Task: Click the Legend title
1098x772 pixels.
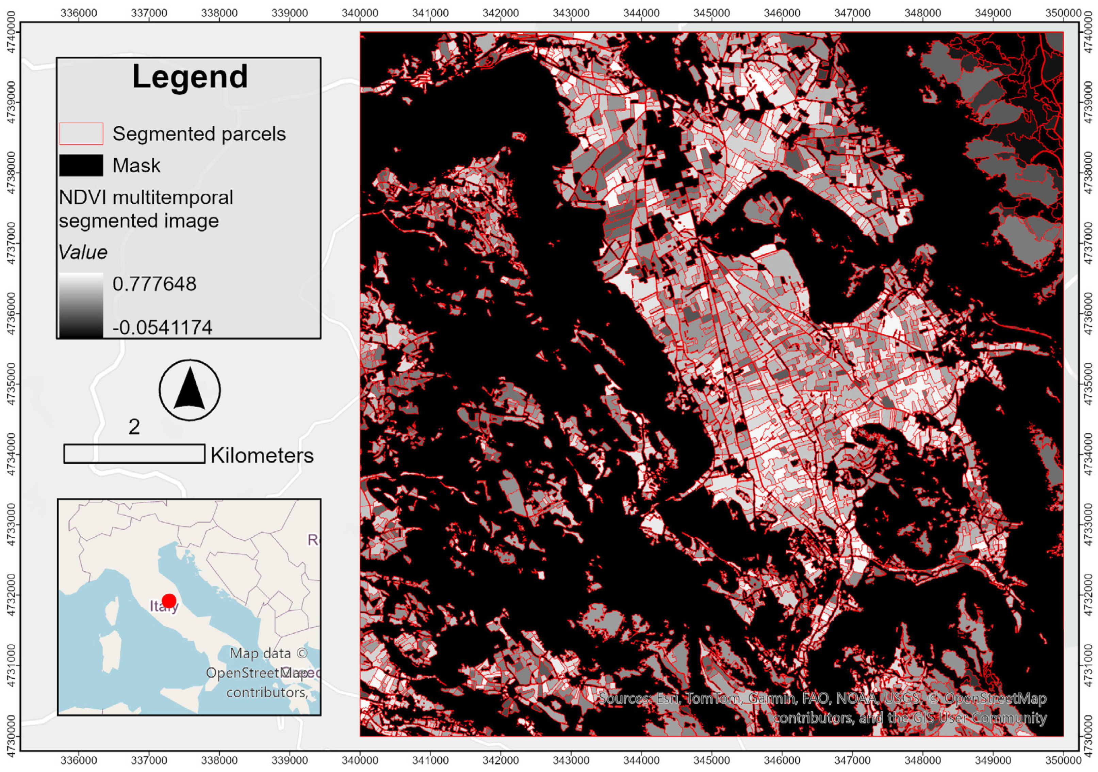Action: pyautogui.click(x=190, y=77)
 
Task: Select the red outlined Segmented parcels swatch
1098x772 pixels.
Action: pyautogui.click(x=81, y=133)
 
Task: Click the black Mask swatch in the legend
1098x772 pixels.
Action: pyautogui.click(x=81, y=165)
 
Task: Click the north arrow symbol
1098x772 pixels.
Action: pyautogui.click(x=190, y=390)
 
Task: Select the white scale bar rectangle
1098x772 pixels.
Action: pyautogui.click(x=134, y=454)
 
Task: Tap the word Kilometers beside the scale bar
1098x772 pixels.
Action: pyautogui.click(x=262, y=456)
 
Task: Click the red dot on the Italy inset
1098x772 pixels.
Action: pyautogui.click(x=169, y=601)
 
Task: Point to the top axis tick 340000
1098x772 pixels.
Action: pyautogui.click(x=360, y=13)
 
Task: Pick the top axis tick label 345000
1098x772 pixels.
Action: pyautogui.click(x=711, y=13)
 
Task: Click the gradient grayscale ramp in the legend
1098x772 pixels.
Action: pyautogui.click(x=81, y=305)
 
